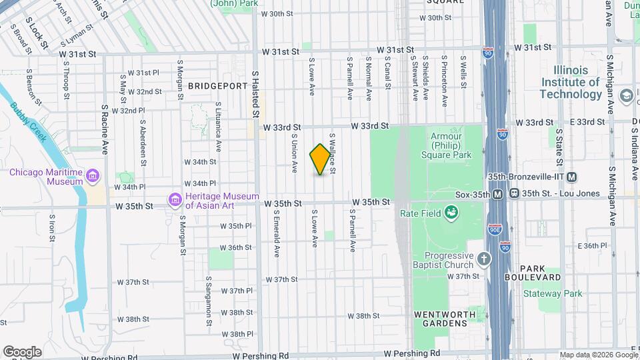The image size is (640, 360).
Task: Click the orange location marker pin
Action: pyautogui.click(x=321, y=159)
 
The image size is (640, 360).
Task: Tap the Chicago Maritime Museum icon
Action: pyautogui.click(x=92, y=177)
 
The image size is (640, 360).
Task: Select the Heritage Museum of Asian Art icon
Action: pyautogui.click(x=175, y=200)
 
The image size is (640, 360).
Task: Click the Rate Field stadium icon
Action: pyautogui.click(x=453, y=213)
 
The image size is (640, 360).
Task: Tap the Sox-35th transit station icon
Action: pyautogui.click(x=497, y=194)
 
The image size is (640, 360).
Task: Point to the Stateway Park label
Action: pyautogui.click(x=553, y=293)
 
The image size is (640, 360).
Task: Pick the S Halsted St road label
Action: pyautogui.click(x=255, y=95)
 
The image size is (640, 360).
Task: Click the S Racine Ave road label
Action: pyautogui.click(x=105, y=129)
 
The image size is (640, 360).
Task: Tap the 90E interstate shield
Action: pyautogui.click(x=494, y=229)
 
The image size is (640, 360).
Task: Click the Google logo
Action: pyautogui.click(x=22, y=352)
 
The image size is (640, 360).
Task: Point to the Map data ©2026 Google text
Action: pyautogui.click(x=599, y=355)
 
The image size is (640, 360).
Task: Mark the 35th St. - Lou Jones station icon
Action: pyautogui.click(x=515, y=194)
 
